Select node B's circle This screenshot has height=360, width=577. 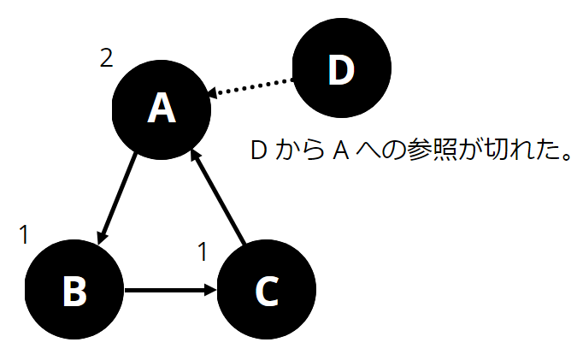point(74,291)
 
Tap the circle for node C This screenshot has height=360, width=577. point(267,291)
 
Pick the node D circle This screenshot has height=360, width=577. point(341,71)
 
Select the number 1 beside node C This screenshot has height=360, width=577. point(203,251)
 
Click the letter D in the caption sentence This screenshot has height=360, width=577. point(258,152)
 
